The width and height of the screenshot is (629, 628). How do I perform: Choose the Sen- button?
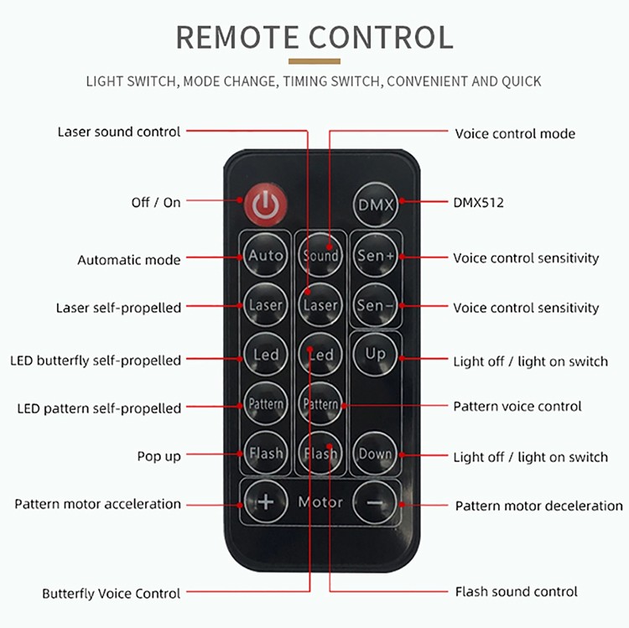click(x=374, y=304)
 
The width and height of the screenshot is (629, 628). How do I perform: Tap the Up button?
click(x=375, y=354)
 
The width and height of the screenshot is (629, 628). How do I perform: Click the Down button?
click(x=375, y=454)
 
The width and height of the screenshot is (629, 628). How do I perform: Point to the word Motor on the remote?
click(x=320, y=502)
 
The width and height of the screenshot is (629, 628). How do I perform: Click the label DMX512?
click(x=478, y=202)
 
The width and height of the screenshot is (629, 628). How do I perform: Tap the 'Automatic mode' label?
click(x=128, y=260)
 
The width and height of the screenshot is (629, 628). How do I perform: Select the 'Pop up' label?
click(x=159, y=456)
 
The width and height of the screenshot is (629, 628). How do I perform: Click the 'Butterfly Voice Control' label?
click(x=111, y=593)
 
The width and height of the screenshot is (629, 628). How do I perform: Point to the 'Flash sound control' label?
click(x=516, y=592)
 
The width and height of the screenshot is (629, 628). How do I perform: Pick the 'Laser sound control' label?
click(x=118, y=132)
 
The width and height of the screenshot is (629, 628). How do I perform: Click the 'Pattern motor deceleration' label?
click(x=538, y=506)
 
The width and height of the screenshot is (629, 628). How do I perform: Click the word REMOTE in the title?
click(x=236, y=37)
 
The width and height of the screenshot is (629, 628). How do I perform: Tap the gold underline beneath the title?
click(x=314, y=61)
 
